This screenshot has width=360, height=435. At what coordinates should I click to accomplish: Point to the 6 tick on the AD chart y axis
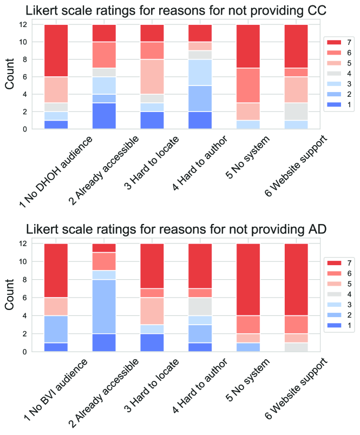(x=23, y=298)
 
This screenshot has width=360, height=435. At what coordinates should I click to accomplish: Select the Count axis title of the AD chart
(x=10, y=298)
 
